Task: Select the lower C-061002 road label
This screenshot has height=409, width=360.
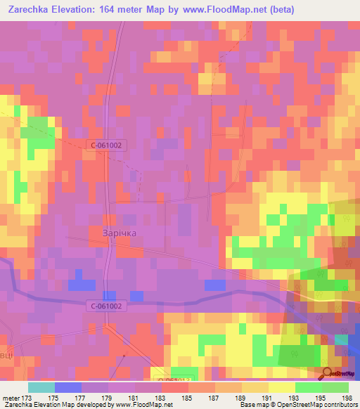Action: [x=107, y=306]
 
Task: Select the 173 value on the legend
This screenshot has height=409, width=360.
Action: [x=29, y=398]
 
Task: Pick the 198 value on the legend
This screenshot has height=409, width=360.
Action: [x=347, y=398]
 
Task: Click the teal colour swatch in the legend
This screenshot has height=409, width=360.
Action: [x=41, y=387]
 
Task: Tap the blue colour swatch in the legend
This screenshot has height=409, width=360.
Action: [x=68, y=387]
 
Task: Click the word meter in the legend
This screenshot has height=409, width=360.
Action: [x=11, y=398]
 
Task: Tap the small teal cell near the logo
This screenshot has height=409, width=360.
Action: [x=341, y=339]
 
